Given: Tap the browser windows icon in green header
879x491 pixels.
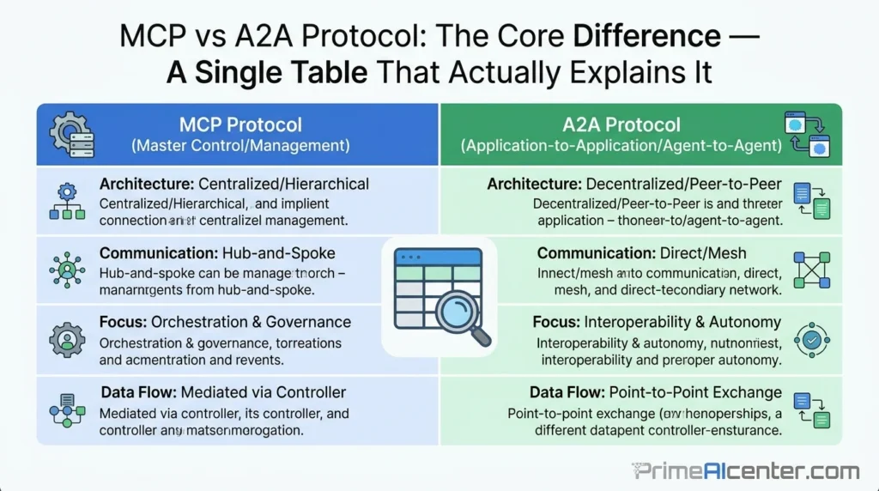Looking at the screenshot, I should click(x=808, y=134).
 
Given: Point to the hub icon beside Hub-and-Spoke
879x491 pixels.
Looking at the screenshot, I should click(x=67, y=270).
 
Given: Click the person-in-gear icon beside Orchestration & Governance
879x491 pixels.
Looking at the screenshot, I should click(x=67, y=339).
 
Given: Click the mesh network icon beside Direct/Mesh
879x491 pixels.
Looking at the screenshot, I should click(x=811, y=270).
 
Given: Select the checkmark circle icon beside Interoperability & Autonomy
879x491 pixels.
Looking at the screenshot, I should click(x=811, y=339).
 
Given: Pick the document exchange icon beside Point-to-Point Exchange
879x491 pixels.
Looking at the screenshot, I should click(x=811, y=409).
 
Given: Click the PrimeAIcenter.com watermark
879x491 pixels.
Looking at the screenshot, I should click(x=744, y=471).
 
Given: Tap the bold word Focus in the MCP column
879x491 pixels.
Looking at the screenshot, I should click(x=123, y=323).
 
